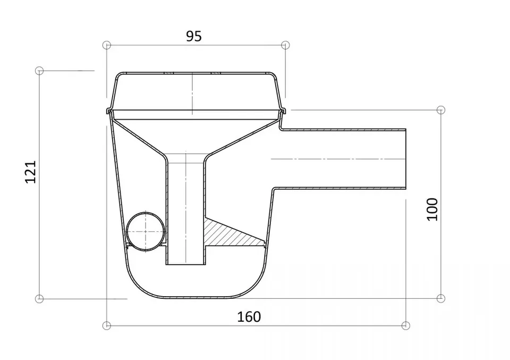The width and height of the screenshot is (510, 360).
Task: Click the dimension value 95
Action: tap(194, 36)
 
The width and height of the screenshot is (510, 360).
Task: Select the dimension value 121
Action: tap(31, 172)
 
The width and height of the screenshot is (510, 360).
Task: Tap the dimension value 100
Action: tap(432, 210)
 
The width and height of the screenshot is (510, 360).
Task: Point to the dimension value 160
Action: tap(249, 317)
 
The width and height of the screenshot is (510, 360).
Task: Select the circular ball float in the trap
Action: tap(146, 231)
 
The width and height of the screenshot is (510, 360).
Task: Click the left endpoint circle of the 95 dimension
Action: tap(107, 45)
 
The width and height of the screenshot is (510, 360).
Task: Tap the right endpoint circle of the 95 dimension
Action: tap(285, 45)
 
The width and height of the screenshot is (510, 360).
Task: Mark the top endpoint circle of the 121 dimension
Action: tap(39, 71)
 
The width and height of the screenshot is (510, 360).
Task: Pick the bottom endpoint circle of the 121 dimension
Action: tap(39, 298)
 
